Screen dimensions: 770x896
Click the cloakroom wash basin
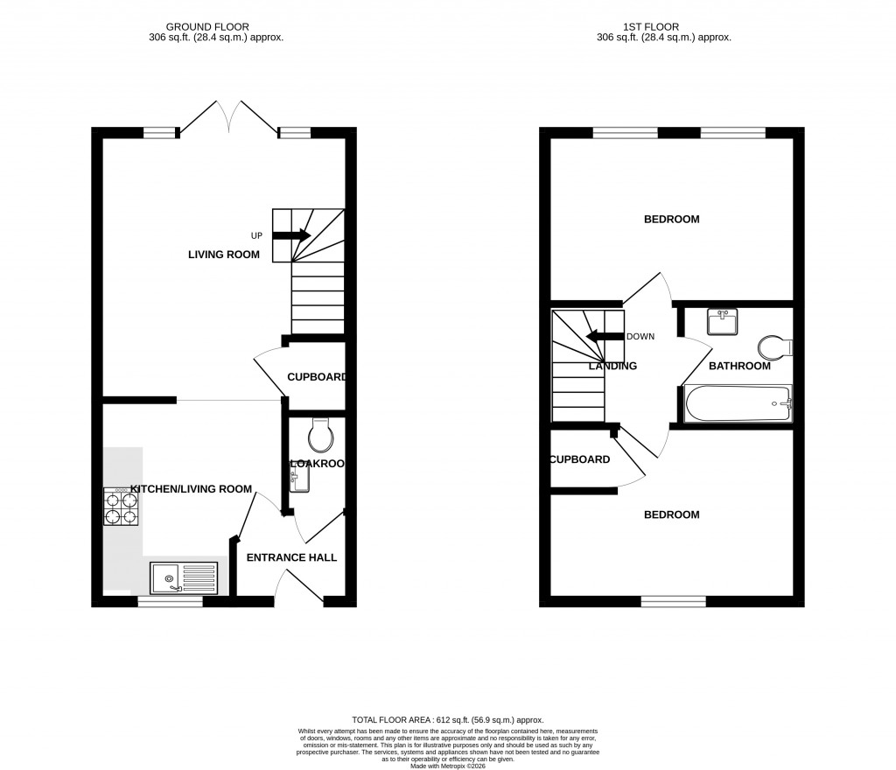pyautogui.click(x=297, y=478)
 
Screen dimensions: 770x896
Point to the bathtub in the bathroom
pyautogui.click(x=737, y=405)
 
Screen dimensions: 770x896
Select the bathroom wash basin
pyautogui.click(x=723, y=321)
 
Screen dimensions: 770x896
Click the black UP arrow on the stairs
pyautogui.click(x=291, y=234)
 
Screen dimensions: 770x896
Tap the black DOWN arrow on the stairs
pyautogui.click(x=604, y=337)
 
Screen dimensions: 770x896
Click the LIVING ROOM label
pyautogui.click(x=224, y=255)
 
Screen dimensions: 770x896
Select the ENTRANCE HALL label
pyautogui.click(x=291, y=557)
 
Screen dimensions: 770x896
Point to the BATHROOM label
pyautogui.click(x=739, y=366)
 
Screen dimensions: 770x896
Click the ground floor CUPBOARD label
pyautogui.click(x=317, y=378)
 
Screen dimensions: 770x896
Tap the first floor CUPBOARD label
pyautogui.click(x=579, y=459)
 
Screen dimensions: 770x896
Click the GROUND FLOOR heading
pyautogui.click(x=218, y=27)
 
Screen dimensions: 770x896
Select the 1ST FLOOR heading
pyautogui.click(x=663, y=27)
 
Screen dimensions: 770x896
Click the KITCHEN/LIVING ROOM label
pyautogui.click(x=191, y=489)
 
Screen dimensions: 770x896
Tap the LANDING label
pyautogui.click(x=612, y=366)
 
